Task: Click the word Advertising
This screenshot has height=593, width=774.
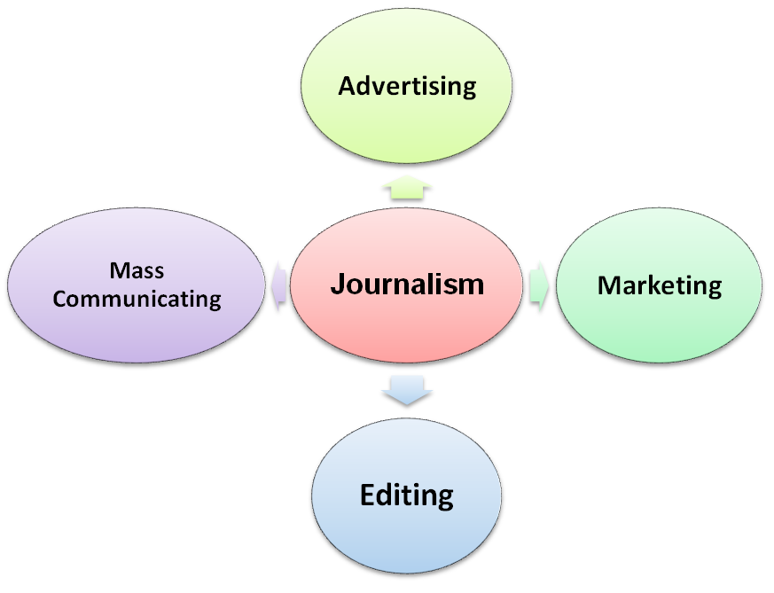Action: point(407,88)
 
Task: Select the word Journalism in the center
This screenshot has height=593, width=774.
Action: point(407,285)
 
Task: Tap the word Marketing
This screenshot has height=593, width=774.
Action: point(660,286)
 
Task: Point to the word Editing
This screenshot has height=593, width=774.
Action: point(407,495)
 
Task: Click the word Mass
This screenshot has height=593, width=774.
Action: point(137,270)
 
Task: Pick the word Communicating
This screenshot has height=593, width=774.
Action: point(137,299)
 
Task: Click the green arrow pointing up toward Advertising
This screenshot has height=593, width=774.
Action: point(407,187)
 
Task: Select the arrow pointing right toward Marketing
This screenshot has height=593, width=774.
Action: point(538,286)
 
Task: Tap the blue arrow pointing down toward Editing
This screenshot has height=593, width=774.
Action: point(407,390)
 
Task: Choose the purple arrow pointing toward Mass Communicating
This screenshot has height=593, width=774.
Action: point(279,286)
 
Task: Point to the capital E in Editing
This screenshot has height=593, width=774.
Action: point(368,495)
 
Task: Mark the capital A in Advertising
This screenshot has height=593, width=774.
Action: point(348,86)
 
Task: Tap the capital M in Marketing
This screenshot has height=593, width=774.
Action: point(610,285)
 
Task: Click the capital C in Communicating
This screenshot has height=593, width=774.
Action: point(59,299)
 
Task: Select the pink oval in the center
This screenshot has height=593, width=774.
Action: point(406,285)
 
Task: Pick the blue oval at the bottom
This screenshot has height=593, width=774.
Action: point(406,495)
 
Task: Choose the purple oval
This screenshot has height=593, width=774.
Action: point(137,285)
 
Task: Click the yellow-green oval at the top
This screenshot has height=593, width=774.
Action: point(406,85)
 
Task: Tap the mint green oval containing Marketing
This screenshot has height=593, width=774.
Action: point(659,285)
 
